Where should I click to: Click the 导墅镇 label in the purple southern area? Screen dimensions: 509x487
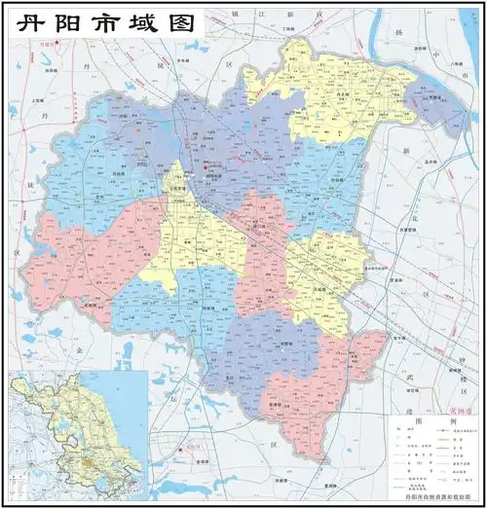click(285, 343)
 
